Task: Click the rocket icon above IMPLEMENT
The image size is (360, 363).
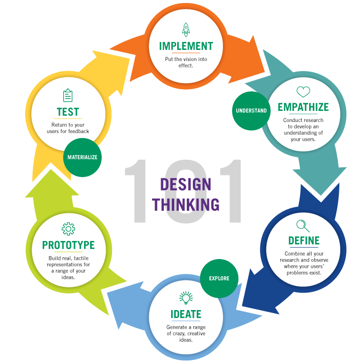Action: (x=186, y=29)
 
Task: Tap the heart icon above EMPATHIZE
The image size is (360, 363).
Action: (x=303, y=92)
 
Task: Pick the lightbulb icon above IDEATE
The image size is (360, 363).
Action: (x=186, y=297)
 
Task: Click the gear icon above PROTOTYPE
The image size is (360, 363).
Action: (x=68, y=229)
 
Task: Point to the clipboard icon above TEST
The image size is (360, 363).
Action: (x=68, y=95)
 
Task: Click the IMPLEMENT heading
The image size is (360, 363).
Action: (x=186, y=46)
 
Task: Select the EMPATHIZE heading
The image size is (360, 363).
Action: (x=303, y=107)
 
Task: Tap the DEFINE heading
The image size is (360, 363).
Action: (x=304, y=240)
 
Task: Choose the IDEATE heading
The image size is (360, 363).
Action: (x=186, y=314)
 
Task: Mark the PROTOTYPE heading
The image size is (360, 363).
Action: (x=68, y=245)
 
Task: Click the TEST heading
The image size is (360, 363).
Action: (x=68, y=111)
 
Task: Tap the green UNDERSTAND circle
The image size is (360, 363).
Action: (x=251, y=110)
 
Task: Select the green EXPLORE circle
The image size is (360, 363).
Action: (x=219, y=278)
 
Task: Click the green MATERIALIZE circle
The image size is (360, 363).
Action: (x=83, y=157)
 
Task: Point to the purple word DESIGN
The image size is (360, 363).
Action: (x=186, y=184)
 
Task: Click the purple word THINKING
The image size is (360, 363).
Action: (x=186, y=204)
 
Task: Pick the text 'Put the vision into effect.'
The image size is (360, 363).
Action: (x=186, y=62)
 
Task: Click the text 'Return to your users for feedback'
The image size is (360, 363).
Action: (x=70, y=128)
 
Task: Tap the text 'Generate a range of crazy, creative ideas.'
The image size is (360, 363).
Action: (x=186, y=333)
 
